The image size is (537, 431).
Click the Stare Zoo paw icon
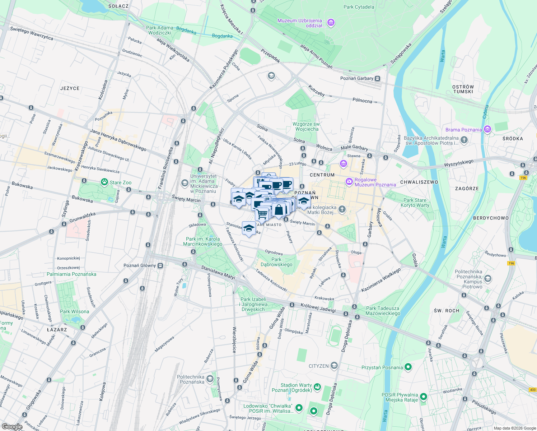click(x=104, y=182)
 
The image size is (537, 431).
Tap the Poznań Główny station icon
click(x=160, y=266)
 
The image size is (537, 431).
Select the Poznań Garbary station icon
click(x=377, y=78)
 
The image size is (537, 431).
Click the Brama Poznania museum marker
click(x=487, y=129)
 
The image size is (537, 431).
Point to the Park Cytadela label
click(x=359, y=7)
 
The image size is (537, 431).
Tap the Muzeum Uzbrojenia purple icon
click(x=331, y=23)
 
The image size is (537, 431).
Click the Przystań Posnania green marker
click(x=408, y=367)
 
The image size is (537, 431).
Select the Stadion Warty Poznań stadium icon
click(x=317, y=387)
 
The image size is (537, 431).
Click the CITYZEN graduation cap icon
click(x=334, y=366)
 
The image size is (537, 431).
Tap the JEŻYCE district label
click(x=70, y=88)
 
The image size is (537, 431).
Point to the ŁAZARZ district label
click(x=57, y=330)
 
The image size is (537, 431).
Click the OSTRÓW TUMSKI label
click(x=463, y=89)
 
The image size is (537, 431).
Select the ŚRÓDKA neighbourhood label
click(x=513, y=139)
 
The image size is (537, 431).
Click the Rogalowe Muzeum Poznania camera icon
click(x=349, y=182)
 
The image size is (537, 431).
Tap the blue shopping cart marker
click(x=262, y=214)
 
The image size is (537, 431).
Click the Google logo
click(x=12, y=427)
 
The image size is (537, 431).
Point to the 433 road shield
click(x=532, y=390)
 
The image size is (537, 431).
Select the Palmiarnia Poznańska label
click(x=71, y=274)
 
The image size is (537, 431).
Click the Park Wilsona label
click(x=74, y=311)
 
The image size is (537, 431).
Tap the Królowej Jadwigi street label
click(x=318, y=308)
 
